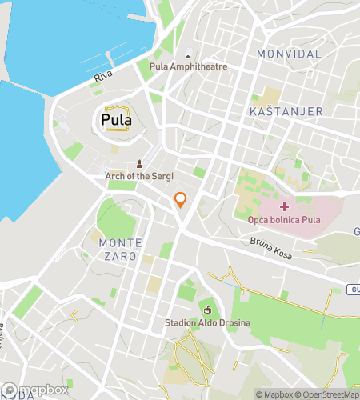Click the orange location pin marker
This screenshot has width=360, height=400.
click(x=181, y=200)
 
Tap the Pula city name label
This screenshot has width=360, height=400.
click(x=117, y=121)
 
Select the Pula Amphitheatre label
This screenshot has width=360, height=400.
click(x=189, y=67)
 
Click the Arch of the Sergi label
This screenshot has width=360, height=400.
click(x=139, y=175)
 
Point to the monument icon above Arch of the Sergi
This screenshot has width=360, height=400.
click(x=139, y=163)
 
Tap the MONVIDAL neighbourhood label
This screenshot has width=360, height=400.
click(x=289, y=54)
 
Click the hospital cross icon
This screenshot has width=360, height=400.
click(x=284, y=185)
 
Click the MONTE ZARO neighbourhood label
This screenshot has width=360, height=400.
click(x=120, y=249)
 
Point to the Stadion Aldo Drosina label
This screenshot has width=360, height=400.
click(x=208, y=323)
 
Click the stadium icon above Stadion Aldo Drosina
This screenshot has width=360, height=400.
click(x=208, y=310)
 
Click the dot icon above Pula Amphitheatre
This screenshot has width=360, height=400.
click(x=188, y=56)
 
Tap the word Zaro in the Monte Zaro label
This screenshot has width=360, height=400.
click(x=121, y=256)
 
